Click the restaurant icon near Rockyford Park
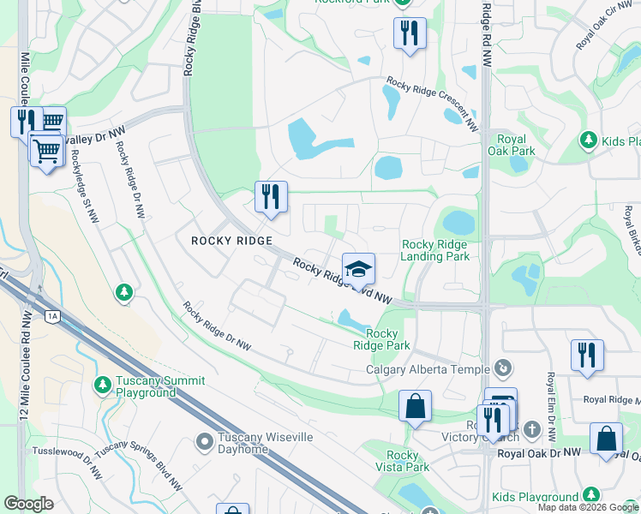410,33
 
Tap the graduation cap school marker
358,269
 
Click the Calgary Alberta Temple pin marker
503,368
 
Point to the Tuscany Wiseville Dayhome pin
204,442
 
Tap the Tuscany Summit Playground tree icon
103,383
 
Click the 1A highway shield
52,316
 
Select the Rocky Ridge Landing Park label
434,250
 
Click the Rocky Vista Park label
402,461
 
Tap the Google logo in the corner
29,504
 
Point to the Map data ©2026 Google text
588,507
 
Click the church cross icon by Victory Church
531,429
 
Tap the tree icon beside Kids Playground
590,495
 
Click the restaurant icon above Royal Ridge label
587,356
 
